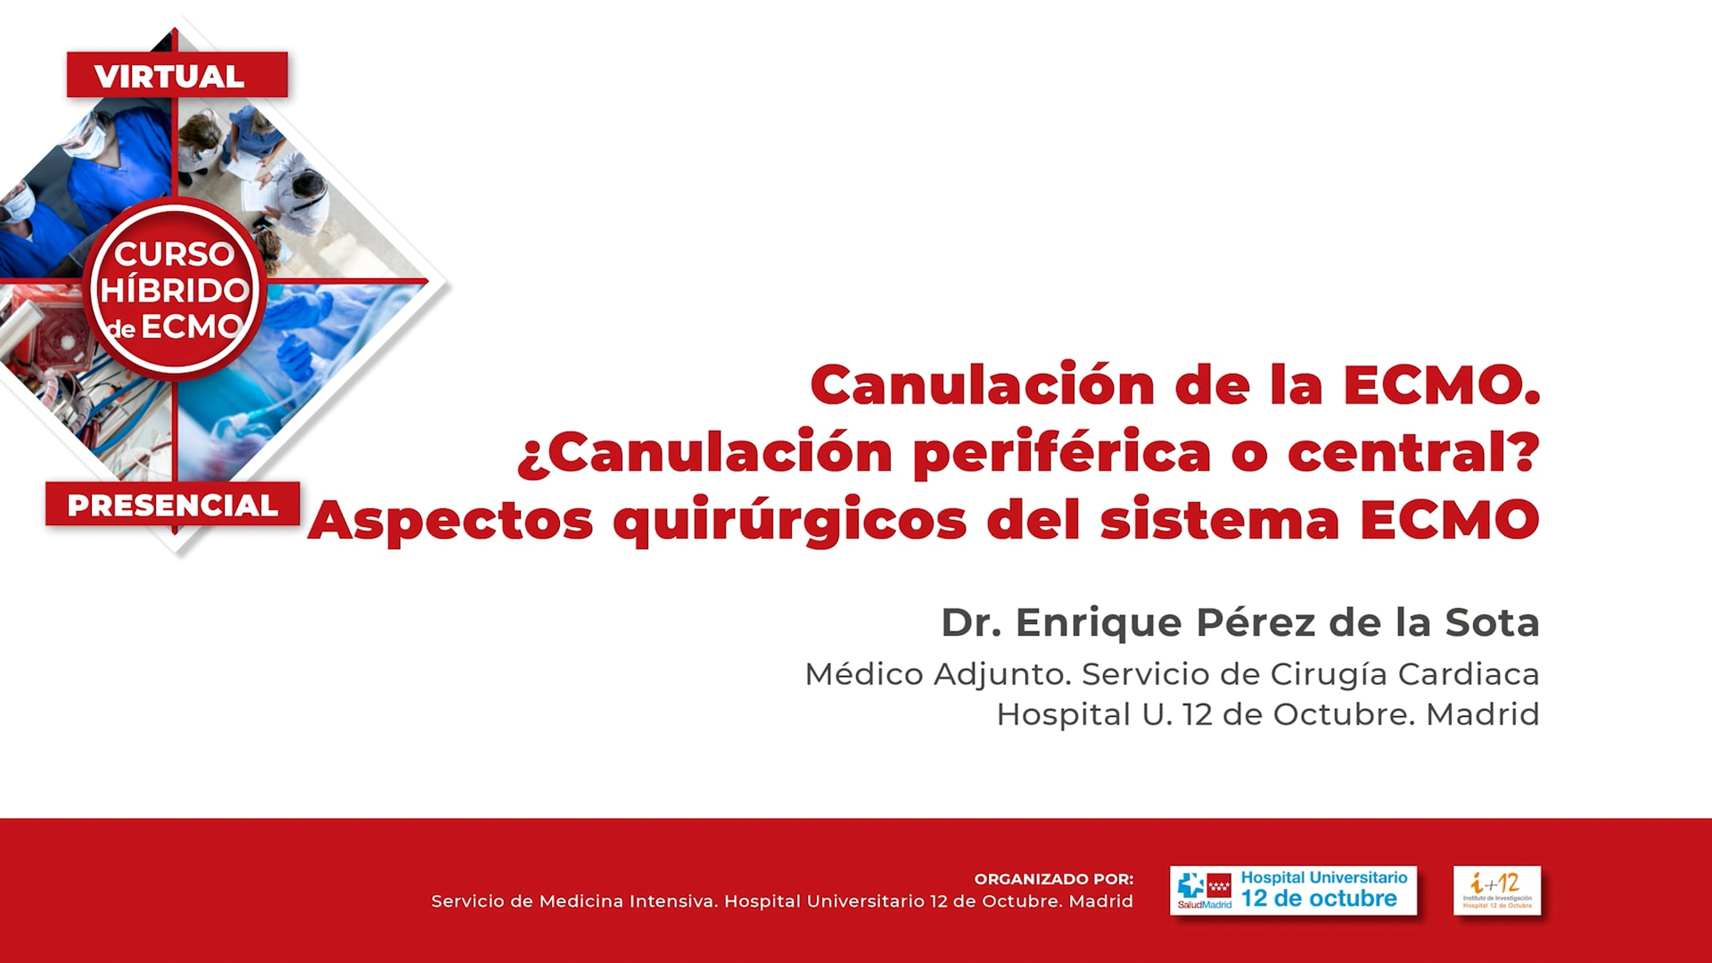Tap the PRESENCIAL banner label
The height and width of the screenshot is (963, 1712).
(172, 505)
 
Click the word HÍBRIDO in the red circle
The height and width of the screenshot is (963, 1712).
(174, 291)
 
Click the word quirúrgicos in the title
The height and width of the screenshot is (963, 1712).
(790, 521)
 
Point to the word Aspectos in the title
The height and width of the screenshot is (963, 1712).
(450, 521)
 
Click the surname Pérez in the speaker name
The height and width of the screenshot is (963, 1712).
(1255, 622)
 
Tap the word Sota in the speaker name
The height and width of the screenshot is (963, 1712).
(1492, 622)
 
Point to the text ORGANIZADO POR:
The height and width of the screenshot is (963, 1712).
(1054, 879)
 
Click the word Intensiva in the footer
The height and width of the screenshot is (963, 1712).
(673, 901)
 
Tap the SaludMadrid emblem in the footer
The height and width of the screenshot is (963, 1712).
(1204, 891)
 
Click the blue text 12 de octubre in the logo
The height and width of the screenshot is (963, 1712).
(1319, 898)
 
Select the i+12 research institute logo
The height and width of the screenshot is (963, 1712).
(1497, 890)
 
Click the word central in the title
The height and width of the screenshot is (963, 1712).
(1403, 453)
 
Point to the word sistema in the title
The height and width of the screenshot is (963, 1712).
(1220, 520)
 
